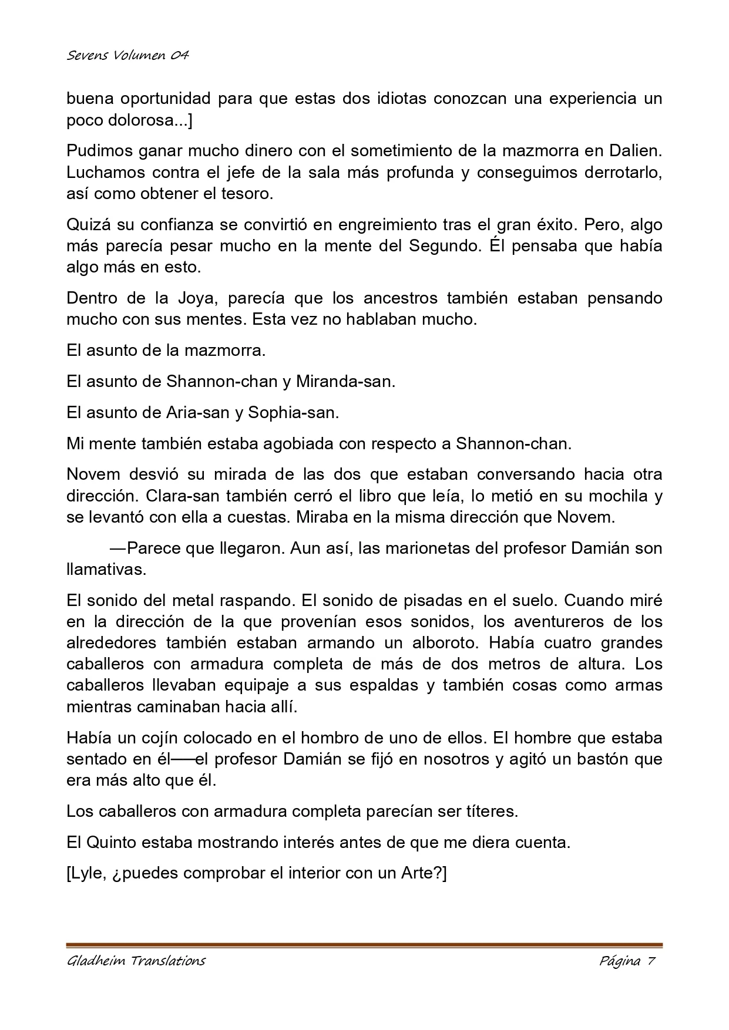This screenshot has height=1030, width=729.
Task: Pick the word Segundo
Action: coord(444,245)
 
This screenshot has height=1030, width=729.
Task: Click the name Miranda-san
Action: coord(344,381)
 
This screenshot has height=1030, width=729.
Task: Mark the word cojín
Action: coord(154,737)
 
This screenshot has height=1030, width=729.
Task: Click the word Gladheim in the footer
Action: coord(96,961)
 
